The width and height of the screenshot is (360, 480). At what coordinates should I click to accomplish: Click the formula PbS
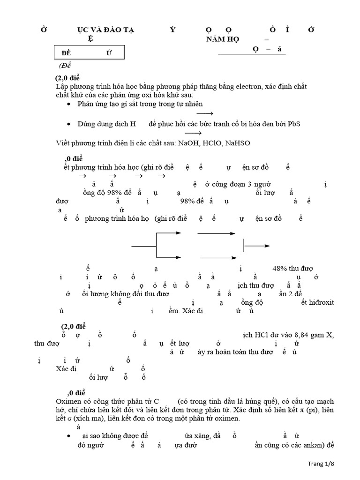(294, 123)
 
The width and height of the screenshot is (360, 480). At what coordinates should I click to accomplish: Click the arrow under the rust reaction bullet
(205, 113)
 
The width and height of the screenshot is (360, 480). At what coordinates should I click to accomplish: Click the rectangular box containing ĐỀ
(89, 52)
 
